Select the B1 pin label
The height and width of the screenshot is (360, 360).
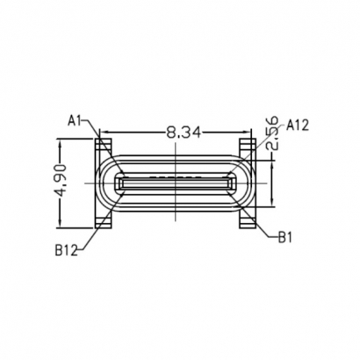point(285,236)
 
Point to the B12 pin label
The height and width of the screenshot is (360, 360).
point(67,249)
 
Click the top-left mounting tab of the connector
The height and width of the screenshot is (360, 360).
point(104,140)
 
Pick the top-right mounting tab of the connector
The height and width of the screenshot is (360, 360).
point(248,140)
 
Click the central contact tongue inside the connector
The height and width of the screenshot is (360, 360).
point(176,183)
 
